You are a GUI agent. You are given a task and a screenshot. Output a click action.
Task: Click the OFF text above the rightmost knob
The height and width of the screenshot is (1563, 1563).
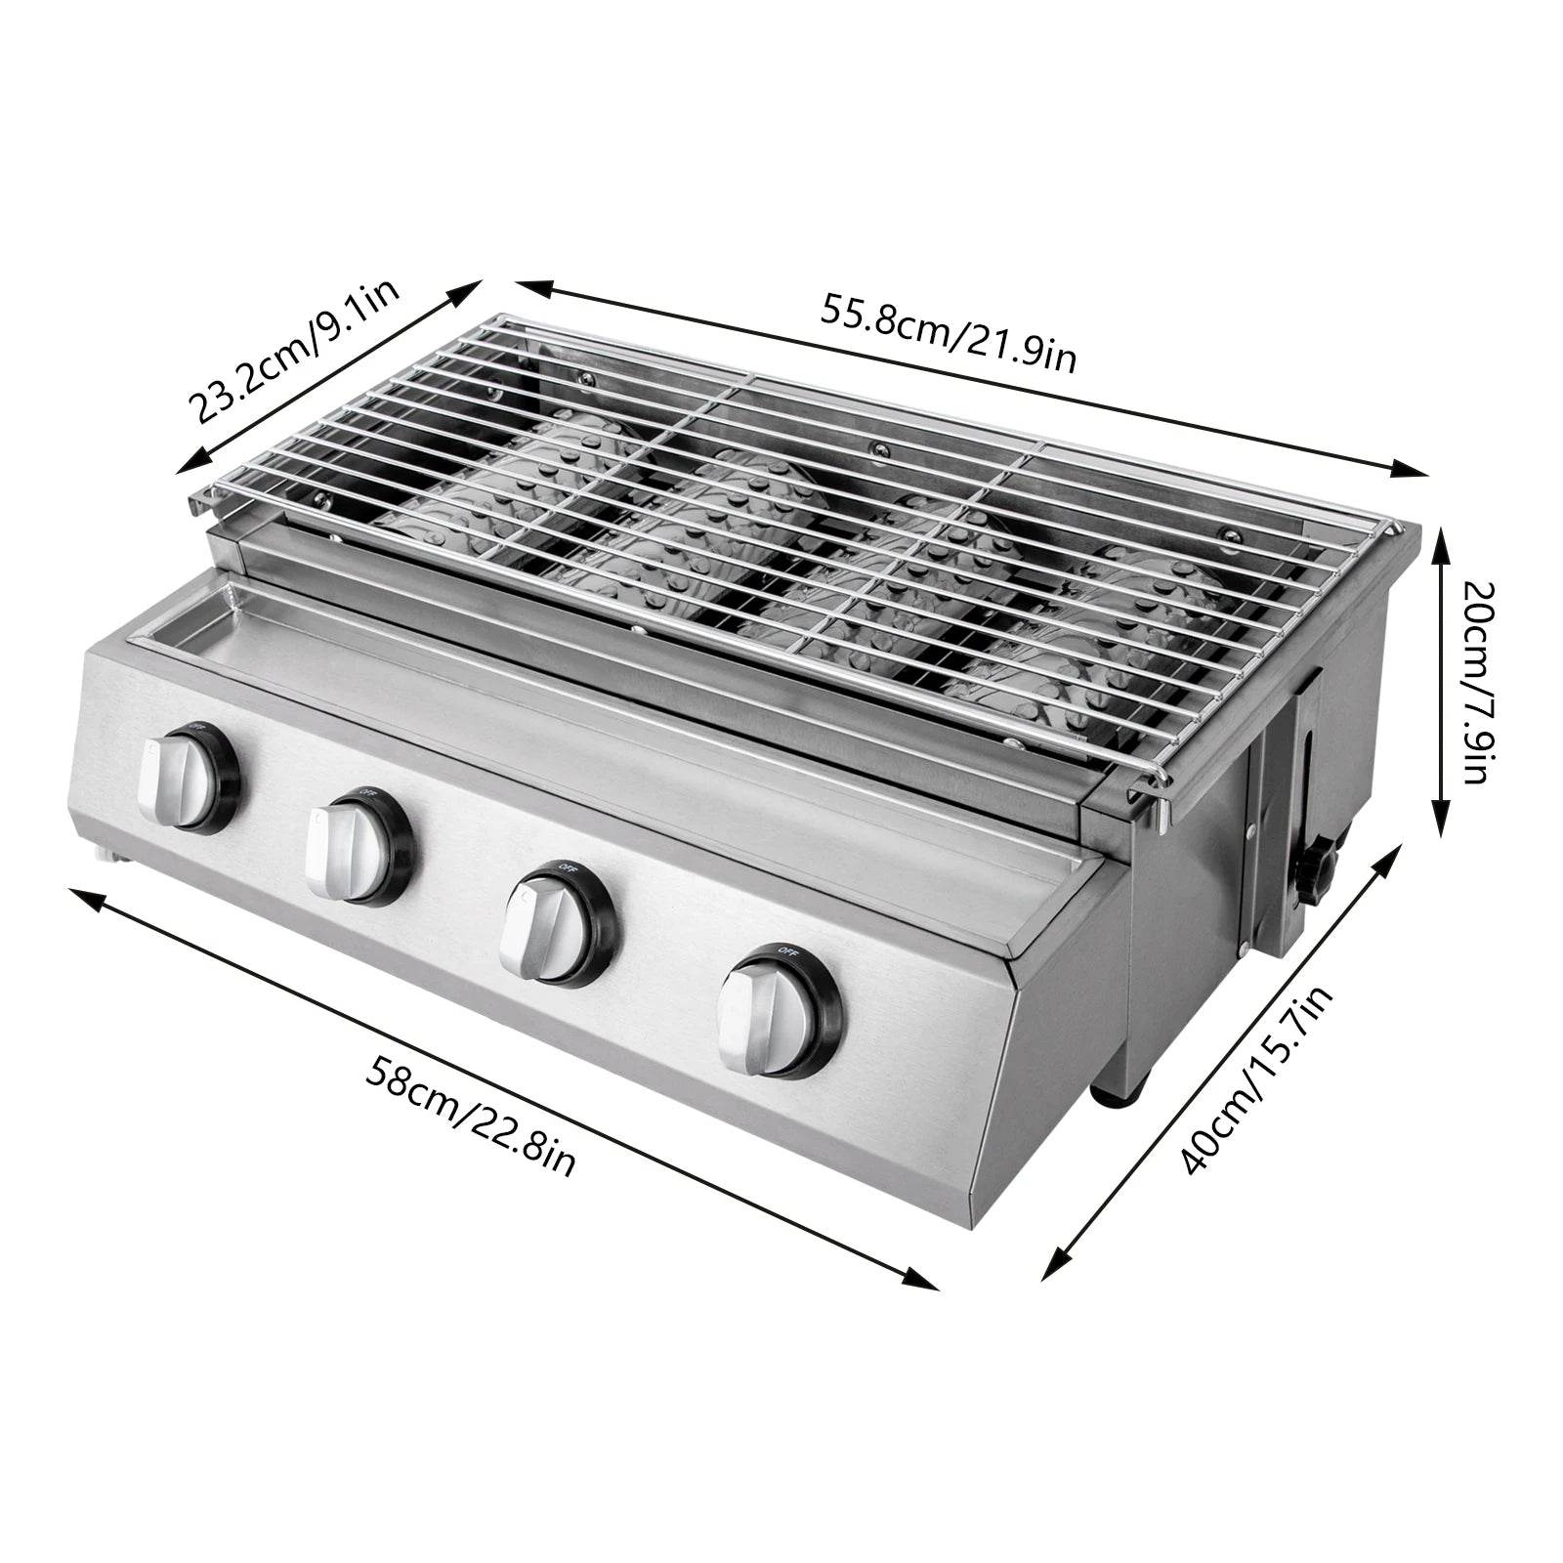(x=787, y=950)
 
